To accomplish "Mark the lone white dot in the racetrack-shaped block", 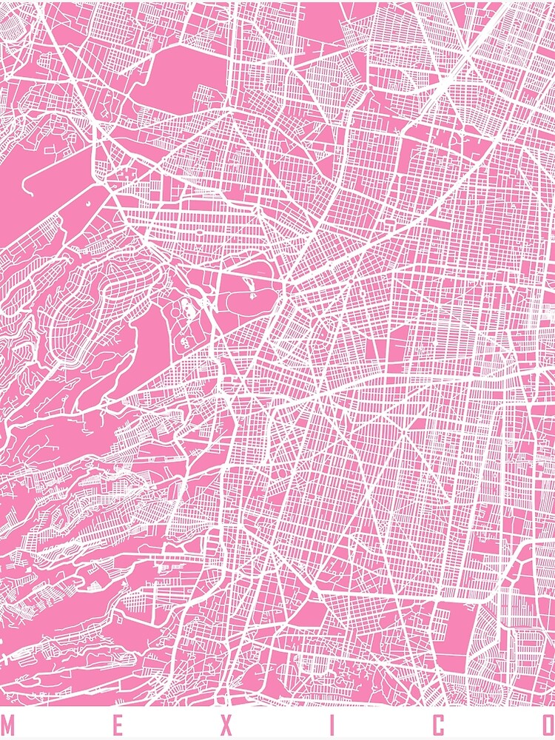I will tap(87, 201).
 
